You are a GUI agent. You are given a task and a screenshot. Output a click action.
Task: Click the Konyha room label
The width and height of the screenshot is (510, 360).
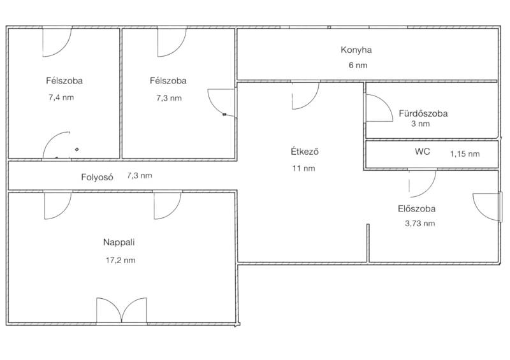356,50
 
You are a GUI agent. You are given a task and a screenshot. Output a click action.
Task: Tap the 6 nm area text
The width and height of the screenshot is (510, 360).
358,65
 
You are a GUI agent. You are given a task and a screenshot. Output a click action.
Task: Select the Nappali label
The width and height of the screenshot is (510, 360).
119,242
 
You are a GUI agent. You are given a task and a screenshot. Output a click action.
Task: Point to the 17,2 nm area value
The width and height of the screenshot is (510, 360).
120,260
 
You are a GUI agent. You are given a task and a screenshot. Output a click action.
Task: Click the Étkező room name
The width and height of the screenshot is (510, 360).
305,152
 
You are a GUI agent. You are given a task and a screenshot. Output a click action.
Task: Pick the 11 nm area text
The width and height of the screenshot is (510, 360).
304,168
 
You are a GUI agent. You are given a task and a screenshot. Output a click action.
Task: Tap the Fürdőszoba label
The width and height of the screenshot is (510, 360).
423,113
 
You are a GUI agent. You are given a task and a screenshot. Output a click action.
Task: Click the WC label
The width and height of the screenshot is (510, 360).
422,152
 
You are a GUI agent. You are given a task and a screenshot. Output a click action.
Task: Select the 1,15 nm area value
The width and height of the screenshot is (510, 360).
465,154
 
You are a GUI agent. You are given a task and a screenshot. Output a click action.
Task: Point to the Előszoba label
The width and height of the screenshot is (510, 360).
417,209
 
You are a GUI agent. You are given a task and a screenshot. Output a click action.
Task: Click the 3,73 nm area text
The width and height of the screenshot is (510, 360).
420,224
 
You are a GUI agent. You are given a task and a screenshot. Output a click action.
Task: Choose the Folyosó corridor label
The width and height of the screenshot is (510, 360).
97,177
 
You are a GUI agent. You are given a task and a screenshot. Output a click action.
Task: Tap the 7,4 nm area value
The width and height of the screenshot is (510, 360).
61,97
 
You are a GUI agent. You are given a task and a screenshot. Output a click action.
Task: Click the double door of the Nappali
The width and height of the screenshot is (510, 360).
122,311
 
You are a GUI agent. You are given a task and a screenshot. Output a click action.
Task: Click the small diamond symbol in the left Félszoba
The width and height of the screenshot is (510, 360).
76,150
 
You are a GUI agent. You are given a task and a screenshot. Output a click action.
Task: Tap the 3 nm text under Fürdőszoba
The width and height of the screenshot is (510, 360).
420,124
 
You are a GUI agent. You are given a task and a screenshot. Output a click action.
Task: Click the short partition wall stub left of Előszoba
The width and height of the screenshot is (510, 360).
368,243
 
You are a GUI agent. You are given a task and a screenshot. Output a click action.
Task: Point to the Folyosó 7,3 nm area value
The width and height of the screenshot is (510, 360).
140,176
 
